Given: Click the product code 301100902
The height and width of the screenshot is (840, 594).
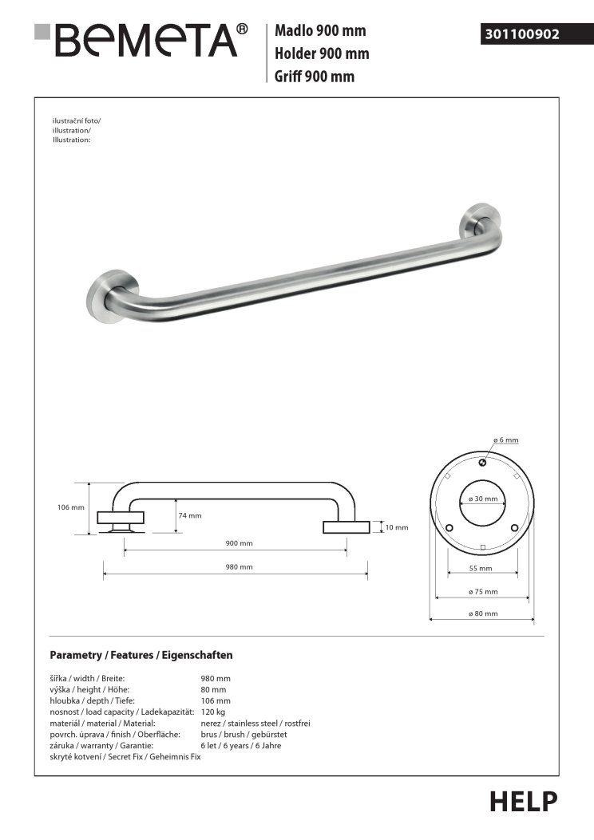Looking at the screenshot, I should [x=522, y=34].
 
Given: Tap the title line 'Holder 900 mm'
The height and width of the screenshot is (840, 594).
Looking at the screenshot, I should [x=321, y=54].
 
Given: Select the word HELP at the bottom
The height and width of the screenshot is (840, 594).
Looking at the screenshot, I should [x=523, y=801].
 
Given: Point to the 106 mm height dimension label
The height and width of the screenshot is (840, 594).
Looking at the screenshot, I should [x=71, y=507].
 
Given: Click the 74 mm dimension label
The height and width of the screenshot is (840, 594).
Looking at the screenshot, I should [x=190, y=515].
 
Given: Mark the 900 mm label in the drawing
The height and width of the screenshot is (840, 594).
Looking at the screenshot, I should [x=239, y=543].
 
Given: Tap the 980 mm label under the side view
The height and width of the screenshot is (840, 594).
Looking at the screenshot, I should [x=239, y=566].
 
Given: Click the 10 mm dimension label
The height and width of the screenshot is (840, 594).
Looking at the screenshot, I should [x=397, y=527].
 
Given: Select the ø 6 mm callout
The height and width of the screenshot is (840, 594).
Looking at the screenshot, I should [x=505, y=440].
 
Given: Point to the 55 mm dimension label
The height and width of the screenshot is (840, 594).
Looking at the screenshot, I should [x=481, y=569].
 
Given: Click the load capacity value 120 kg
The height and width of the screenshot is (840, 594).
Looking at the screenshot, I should [x=212, y=711].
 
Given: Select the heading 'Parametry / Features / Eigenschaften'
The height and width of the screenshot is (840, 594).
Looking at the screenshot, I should [x=141, y=655].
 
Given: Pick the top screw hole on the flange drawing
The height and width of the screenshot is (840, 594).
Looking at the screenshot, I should [x=482, y=463].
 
